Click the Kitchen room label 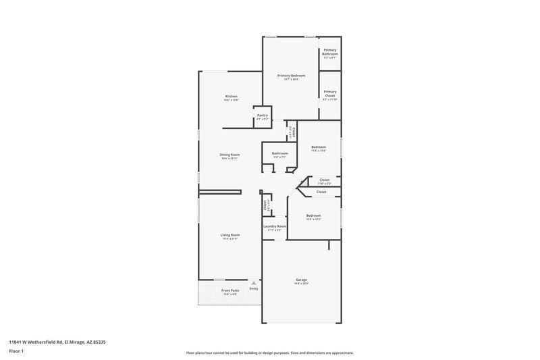coord(231,97)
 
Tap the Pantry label coord(263,115)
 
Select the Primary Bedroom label coord(291,76)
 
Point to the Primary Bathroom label coord(329,51)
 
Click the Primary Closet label coord(329,93)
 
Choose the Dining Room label coord(230,155)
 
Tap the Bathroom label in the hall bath coord(280,153)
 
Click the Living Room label coord(230,234)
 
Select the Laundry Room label coord(274,226)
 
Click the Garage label coord(301,280)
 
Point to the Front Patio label coord(230,290)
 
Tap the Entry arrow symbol coord(254,283)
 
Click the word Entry coord(254,289)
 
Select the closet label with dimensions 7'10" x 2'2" coord(325,180)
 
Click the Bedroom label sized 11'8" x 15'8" coord(319,147)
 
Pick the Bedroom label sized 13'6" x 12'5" coord(313,215)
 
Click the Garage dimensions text coord(301,284)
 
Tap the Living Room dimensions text coord(230,238)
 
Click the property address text coord(57,342)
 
